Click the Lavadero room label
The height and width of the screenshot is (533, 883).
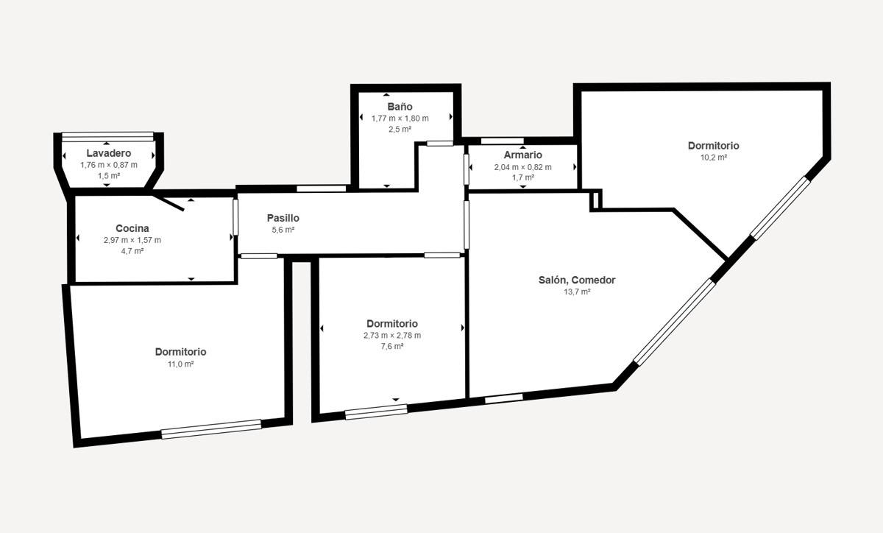pyautogui.click(x=109, y=153)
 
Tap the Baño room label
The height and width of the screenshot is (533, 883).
pyautogui.click(x=400, y=107)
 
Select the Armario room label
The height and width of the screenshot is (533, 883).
pyautogui.click(x=522, y=155)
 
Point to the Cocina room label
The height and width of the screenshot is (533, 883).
pyautogui.click(x=132, y=228)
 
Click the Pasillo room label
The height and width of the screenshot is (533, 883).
pyautogui.click(x=283, y=218)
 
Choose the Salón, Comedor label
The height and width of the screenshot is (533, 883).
pyautogui.click(x=577, y=280)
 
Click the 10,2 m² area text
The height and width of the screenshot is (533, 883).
pyautogui.click(x=714, y=158)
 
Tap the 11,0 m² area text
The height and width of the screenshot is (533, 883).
pyautogui.click(x=180, y=364)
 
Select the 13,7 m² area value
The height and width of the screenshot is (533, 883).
pyautogui.click(x=577, y=292)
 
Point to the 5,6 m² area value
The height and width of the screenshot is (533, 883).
pyautogui.click(x=283, y=230)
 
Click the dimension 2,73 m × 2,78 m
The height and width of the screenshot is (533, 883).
pyautogui.click(x=392, y=336)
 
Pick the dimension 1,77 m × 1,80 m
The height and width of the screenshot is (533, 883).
pyautogui.click(x=400, y=119)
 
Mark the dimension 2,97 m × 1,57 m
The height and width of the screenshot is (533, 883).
pyautogui.click(x=132, y=240)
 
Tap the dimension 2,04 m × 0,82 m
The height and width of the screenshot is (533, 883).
pyautogui.click(x=523, y=167)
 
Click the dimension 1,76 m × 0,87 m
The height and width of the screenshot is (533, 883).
pyautogui.click(x=109, y=165)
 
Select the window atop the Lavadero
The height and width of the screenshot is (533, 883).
pyautogui.click(x=107, y=136)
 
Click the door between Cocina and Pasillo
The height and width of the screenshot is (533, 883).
pyautogui.click(x=235, y=217)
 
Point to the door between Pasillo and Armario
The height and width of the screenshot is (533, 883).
pyautogui.click(x=467, y=169)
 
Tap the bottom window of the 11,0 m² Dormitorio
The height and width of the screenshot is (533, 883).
pyautogui.click(x=211, y=429)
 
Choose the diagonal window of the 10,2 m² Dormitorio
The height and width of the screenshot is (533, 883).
pyautogui.click(x=780, y=208)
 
